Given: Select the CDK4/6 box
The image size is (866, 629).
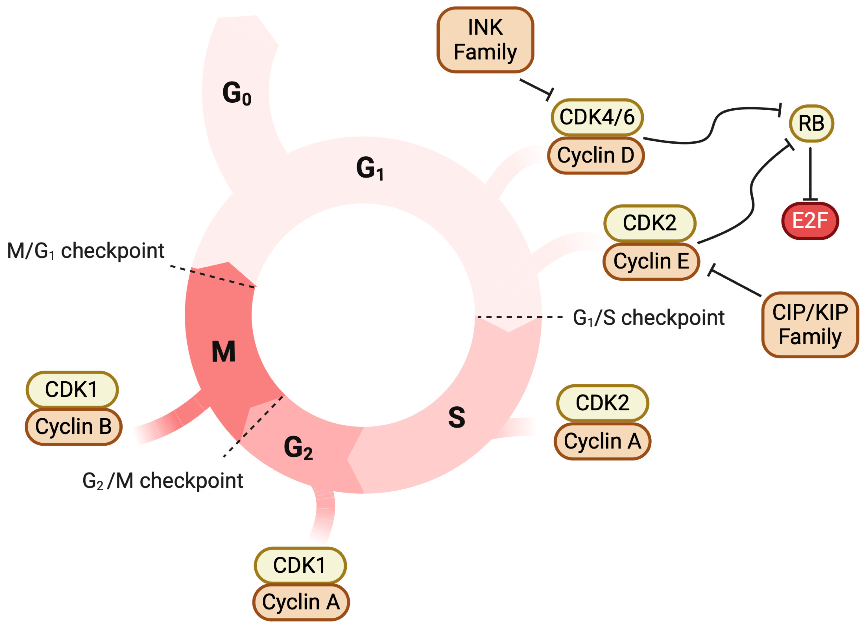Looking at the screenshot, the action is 597,117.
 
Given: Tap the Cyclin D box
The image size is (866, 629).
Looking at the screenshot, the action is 596,155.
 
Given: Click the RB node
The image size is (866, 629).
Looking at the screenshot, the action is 811,124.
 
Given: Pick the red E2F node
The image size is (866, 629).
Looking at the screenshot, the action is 810,221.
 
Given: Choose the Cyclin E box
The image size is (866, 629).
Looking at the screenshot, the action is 651,261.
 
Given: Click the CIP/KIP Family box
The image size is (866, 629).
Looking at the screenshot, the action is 810,325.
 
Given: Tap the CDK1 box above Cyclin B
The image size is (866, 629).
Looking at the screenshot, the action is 72,389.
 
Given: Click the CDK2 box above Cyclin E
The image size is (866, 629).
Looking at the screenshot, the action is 650,223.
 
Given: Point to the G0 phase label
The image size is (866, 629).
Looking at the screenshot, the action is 237,93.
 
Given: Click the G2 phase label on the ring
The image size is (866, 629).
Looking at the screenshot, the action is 298,448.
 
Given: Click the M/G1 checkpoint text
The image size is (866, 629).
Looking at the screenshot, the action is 86,251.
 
